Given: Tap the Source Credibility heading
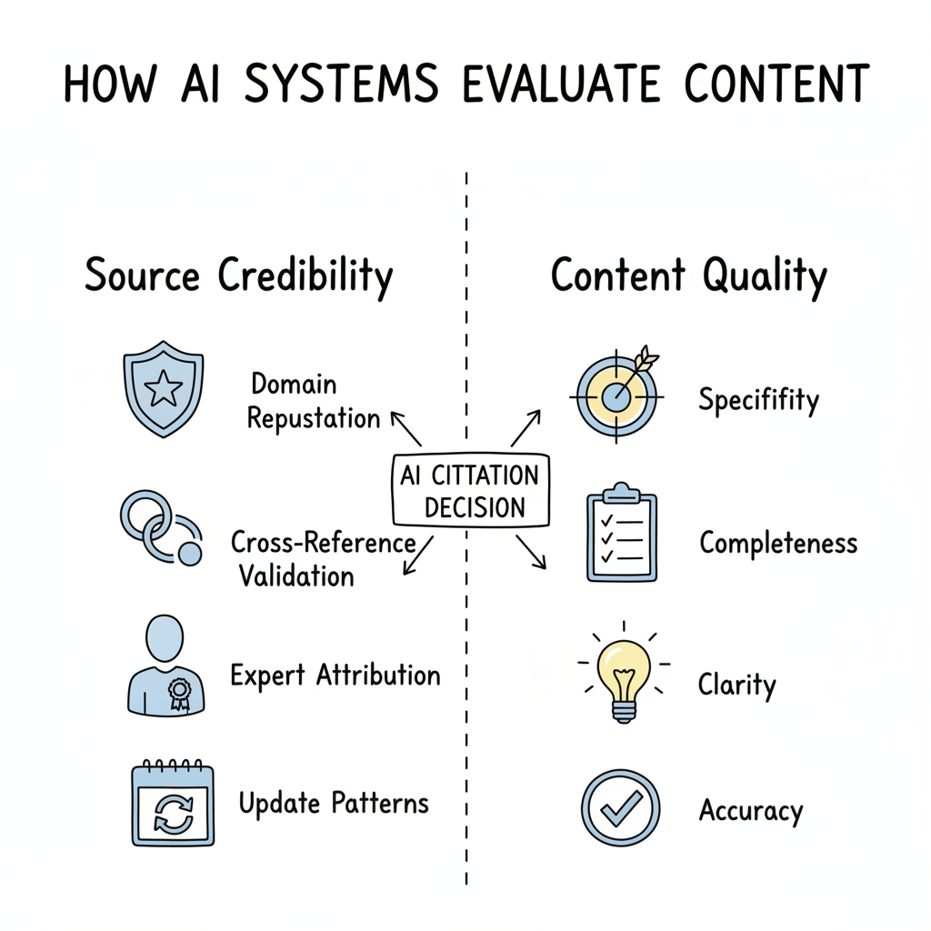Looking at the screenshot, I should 238,275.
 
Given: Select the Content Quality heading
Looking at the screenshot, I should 688,275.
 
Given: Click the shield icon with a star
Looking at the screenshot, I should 163,388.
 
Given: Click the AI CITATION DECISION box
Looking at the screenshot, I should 470,491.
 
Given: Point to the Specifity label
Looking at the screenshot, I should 758,399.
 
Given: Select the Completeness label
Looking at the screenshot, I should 778,543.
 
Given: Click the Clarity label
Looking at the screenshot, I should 736,684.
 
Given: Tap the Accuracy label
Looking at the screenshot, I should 751,809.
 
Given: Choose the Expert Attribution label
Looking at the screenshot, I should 335,676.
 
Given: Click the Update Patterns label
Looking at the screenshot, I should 334,804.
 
